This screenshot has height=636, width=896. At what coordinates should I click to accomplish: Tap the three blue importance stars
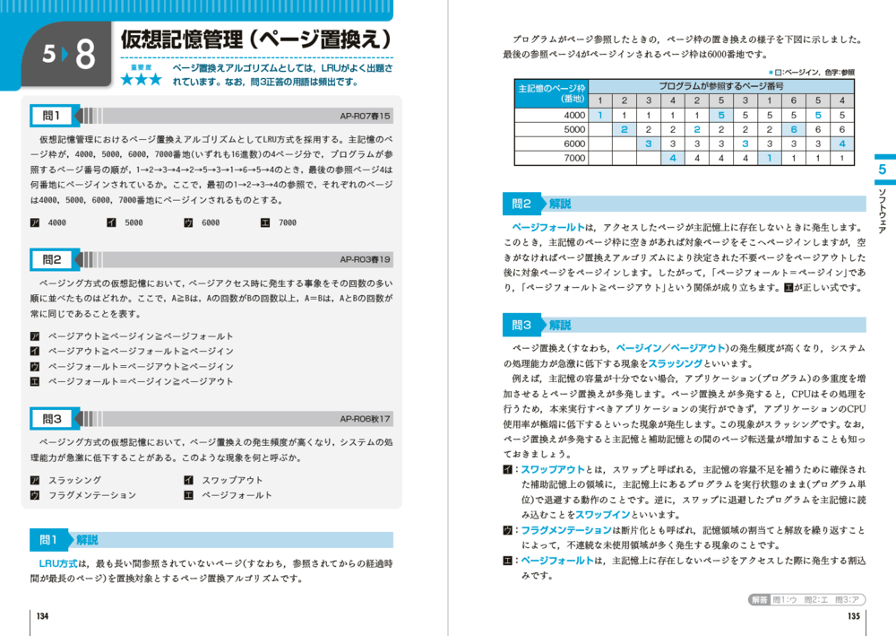[142, 80]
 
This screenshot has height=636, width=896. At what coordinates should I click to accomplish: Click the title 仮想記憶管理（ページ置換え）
[256, 40]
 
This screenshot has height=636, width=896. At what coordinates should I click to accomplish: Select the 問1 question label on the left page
[52, 116]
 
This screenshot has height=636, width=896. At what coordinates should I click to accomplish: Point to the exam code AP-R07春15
[366, 116]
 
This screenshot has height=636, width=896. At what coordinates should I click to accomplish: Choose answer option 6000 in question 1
[202, 222]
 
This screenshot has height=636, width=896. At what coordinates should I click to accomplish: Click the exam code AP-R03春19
[366, 259]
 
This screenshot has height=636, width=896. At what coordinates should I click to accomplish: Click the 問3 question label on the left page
[52, 419]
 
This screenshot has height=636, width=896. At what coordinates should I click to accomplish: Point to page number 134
[42, 616]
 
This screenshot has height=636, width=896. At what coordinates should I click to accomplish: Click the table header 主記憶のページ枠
[551, 88]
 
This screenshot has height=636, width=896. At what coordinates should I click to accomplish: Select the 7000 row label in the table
[574, 158]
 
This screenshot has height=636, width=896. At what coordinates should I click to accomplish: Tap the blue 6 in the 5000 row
[792, 129]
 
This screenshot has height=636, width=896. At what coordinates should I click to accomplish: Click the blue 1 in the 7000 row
[768, 158]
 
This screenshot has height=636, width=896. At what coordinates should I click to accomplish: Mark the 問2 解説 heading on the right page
[542, 204]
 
